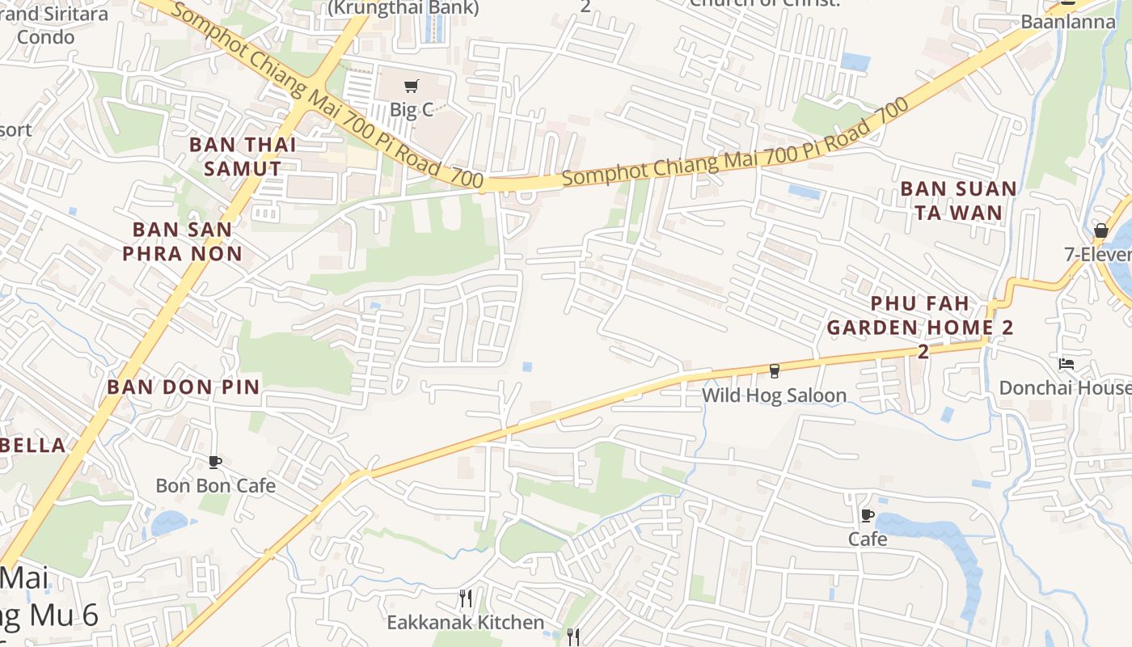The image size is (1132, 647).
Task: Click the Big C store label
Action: click(x=412, y=110)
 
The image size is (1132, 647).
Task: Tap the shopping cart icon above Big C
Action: click(x=412, y=87)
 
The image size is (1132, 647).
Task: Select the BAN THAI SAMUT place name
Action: click(x=243, y=157)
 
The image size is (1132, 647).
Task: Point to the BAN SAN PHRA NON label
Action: click(x=183, y=241)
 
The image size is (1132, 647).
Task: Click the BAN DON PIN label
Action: click(x=184, y=387)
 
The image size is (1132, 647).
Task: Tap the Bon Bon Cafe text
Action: click(x=215, y=485)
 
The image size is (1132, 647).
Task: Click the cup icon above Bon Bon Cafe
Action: click(x=215, y=462)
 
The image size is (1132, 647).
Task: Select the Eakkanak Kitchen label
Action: click(x=465, y=622)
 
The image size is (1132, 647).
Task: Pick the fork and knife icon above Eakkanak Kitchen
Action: click(x=465, y=598)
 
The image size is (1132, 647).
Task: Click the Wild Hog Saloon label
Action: click(x=774, y=395)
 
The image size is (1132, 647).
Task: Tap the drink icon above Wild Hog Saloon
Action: click(x=774, y=371)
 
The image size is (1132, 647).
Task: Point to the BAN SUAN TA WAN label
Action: click(x=958, y=201)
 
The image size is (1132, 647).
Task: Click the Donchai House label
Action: click(x=1064, y=387)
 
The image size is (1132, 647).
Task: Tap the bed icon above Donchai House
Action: click(x=1067, y=364)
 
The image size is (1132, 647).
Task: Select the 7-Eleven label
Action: click(x=1098, y=254)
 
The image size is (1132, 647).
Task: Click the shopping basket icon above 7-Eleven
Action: click(x=1100, y=230)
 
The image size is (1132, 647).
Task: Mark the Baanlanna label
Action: click(x=1067, y=22)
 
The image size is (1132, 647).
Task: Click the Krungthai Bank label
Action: click(x=403, y=8)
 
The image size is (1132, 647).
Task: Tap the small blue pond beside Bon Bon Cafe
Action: click(x=168, y=522)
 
